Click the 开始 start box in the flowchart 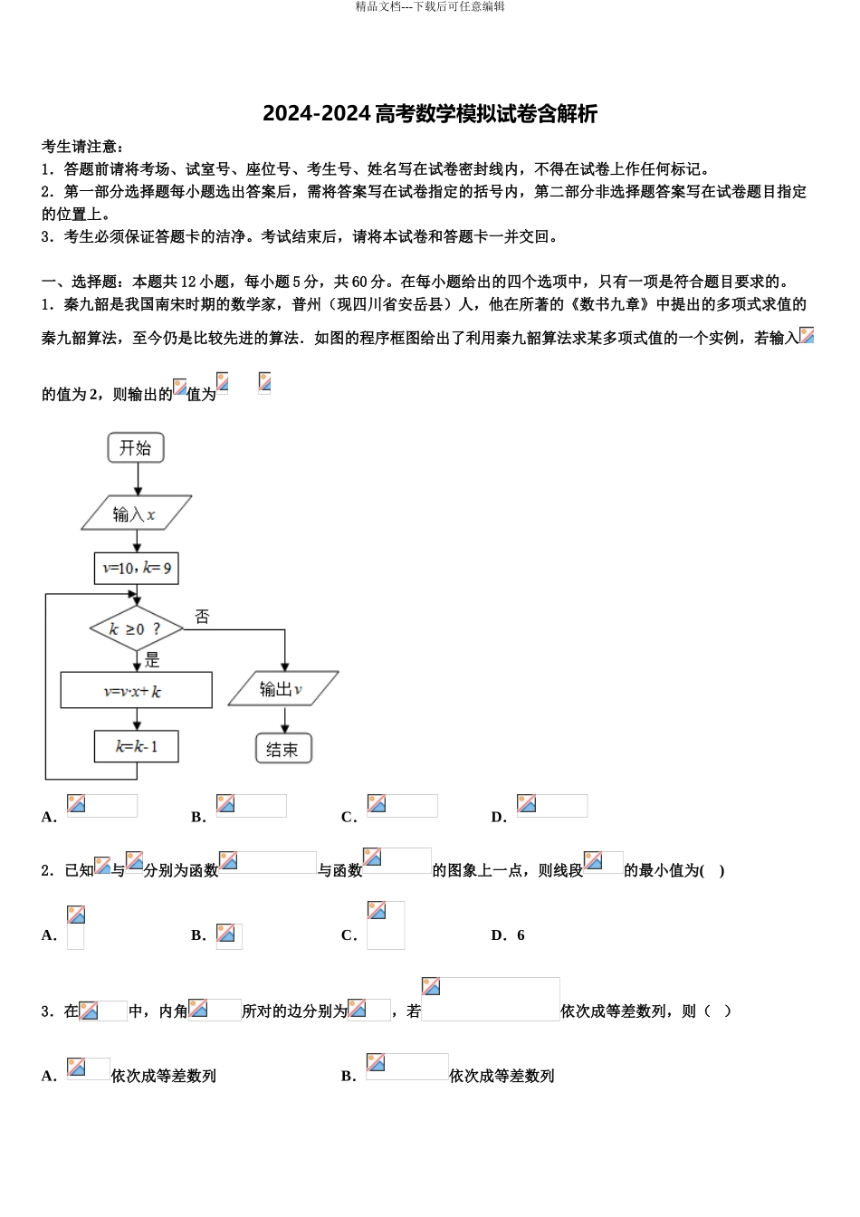(x=136, y=447)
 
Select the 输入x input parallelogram (x=136, y=513)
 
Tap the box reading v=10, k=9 (x=136, y=569)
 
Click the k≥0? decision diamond (x=136, y=628)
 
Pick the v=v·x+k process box (x=136, y=691)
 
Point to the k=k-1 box (x=136, y=747)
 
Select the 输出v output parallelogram (x=283, y=689)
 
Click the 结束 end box (x=283, y=749)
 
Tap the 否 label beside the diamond (x=202, y=617)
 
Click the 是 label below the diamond (x=152, y=660)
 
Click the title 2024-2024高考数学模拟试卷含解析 (x=430, y=114)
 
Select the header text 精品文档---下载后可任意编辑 (x=430, y=7)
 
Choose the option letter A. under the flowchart (x=49, y=817)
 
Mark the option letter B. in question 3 (x=349, y=1076)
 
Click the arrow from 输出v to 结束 (x=284, y=720)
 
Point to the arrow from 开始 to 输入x (x=136, y=479)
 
